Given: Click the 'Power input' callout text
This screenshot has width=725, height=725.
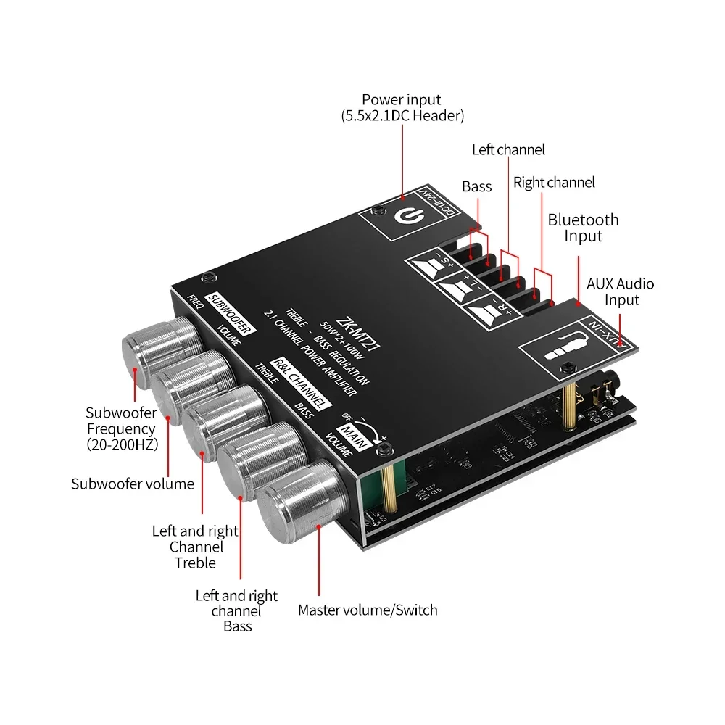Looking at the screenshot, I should coord(401,107).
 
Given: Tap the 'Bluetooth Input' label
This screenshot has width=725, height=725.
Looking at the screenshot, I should coord(583,228).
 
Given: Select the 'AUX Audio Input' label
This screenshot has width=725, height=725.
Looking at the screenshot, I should coord(620,291).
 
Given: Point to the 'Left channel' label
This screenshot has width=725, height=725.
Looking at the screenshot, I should coord(508,150).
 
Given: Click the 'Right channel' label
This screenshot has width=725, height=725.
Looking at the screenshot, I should coord(554,183).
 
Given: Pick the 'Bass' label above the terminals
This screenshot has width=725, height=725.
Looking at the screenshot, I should coord(476,187).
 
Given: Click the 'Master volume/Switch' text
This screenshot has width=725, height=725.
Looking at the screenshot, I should coord(368,610).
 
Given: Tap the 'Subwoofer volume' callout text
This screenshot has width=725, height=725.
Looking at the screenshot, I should coord(133,484).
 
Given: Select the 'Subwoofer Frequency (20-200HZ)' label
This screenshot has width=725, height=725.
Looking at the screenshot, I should coord(121,429).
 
